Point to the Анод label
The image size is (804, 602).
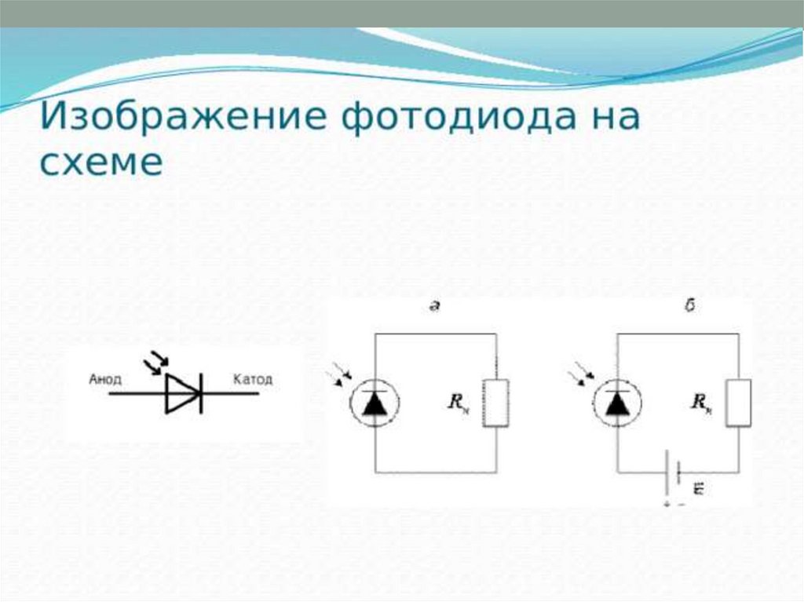(105, 379)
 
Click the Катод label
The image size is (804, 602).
(253, 379)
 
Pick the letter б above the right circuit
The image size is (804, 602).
(689, 307)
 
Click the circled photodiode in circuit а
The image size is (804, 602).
(375, 403)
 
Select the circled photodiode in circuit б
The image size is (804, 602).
(618, 403)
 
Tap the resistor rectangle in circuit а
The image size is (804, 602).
(495, 403)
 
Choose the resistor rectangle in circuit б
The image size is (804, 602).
(738, 403)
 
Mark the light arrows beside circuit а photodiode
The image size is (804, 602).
(343, 373)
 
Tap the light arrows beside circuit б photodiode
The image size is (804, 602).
(585, 373)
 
